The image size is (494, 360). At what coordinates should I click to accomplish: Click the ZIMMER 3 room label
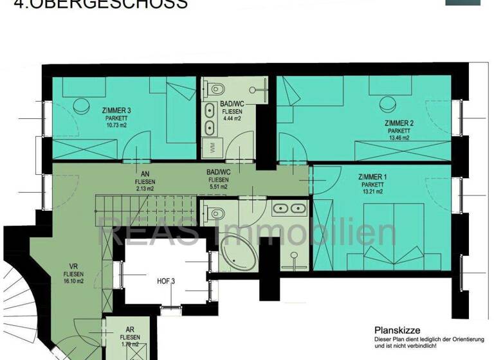click(117, 110)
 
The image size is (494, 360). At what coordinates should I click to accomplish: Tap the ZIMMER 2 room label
click(399, 123)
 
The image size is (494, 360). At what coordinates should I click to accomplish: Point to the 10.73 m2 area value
click(117, 126)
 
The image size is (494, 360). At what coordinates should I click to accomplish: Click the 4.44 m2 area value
click(231, 119)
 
